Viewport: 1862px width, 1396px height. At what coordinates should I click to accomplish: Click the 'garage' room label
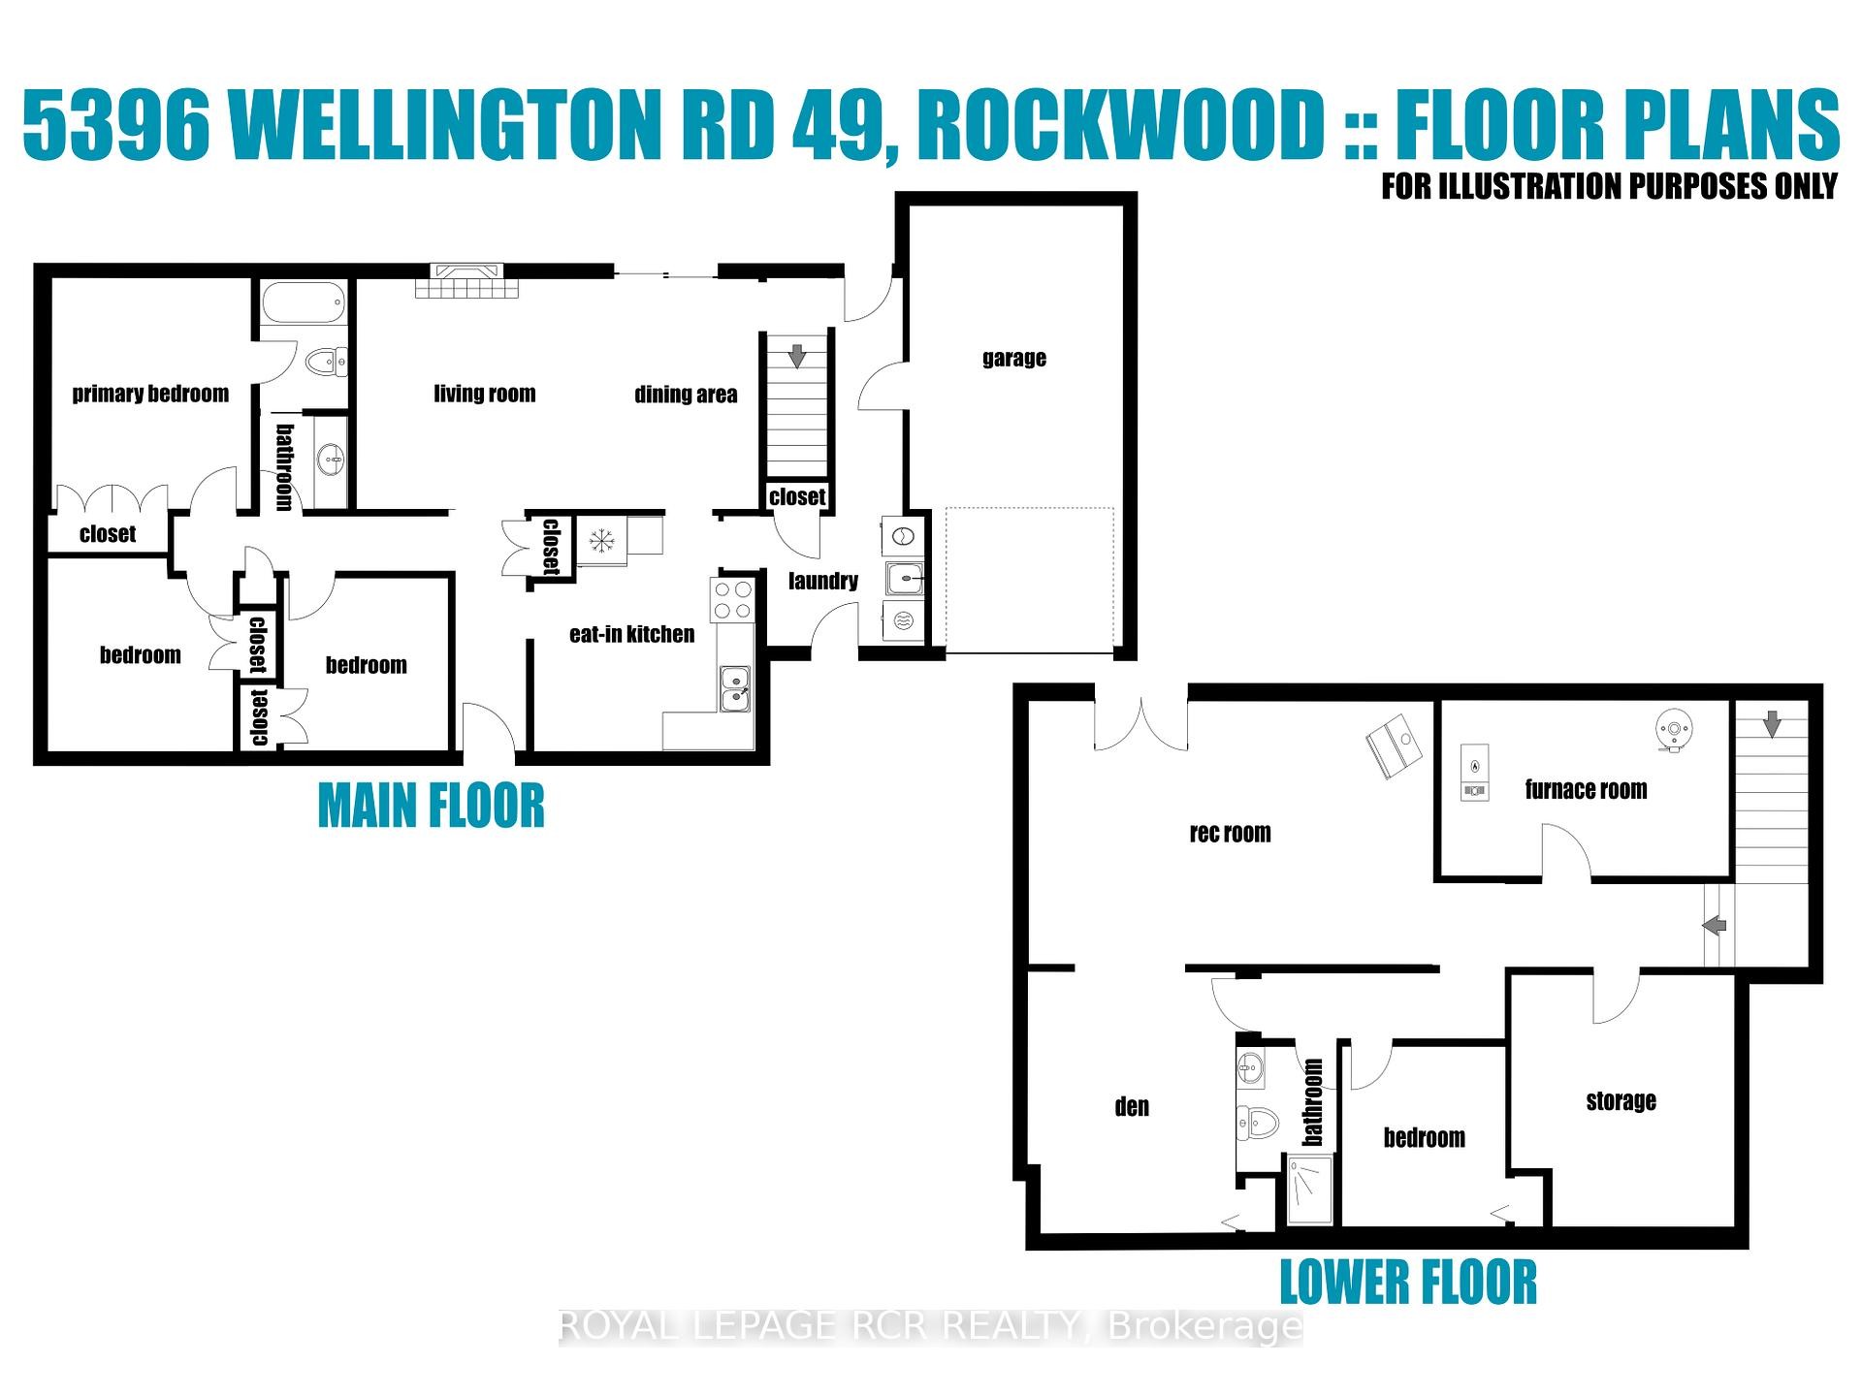1013,359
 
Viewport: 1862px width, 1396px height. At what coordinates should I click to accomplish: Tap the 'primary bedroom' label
150,394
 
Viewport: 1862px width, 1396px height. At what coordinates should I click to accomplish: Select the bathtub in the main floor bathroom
304,302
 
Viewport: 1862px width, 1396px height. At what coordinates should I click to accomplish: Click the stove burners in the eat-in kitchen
732,599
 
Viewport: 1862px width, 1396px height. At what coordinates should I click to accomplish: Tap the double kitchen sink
735,687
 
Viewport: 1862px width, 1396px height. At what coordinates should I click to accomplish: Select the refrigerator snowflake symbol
601,541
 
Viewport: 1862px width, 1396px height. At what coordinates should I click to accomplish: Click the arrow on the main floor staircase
797,356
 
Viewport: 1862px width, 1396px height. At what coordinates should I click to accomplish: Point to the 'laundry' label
822,581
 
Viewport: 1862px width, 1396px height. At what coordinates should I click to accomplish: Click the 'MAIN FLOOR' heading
432,807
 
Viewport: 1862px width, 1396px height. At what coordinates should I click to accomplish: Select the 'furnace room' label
1586,790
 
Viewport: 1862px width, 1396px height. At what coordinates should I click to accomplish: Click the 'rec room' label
1230,834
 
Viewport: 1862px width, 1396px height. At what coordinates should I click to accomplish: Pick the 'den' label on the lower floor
1132,1107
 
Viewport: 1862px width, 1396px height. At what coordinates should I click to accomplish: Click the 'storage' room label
1621,1101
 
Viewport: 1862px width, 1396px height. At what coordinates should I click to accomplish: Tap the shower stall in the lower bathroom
1309,1190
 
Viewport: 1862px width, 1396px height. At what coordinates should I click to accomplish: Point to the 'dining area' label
686,395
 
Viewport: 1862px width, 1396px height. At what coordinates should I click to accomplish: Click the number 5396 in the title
116,126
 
